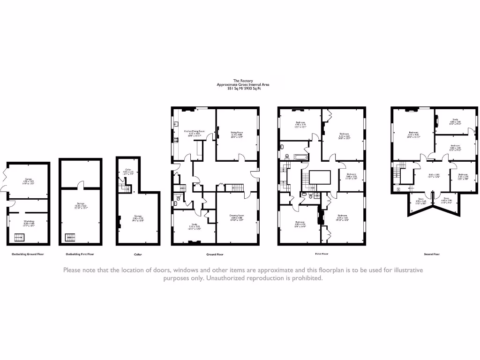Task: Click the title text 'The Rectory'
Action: click(x=243, y=81)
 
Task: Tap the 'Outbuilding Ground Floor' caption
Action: click(x=28, y=254)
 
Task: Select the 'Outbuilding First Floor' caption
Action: click(x=80, y=254)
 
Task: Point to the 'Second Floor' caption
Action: click(x=432, y=254)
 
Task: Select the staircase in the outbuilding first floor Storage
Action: click(x=70, y=237)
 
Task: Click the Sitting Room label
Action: click(x=237, y=134)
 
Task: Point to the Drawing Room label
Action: click(x=237, y=217)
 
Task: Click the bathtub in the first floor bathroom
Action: click(x=299, y=157)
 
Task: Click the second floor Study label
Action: click(x=455, y=121)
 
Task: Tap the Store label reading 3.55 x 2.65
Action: click(x=414, y=201)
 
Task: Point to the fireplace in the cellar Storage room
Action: click(x=120, y=220)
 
